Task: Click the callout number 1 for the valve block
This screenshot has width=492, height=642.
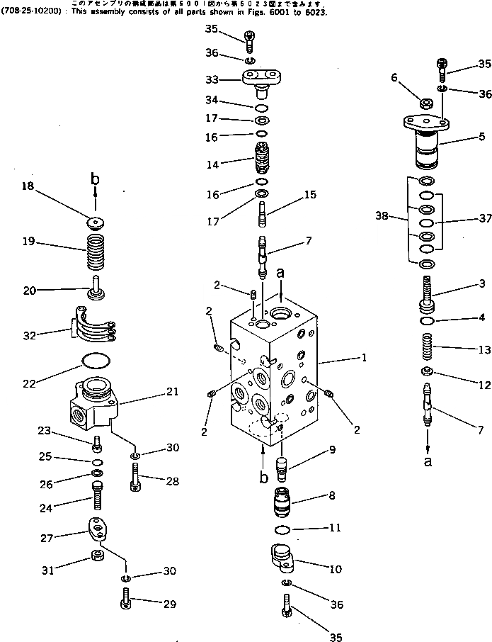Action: tap(363, 359)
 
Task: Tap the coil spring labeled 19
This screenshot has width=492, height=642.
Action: tap(95, 252)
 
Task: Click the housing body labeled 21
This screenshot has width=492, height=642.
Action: tap(93, 405)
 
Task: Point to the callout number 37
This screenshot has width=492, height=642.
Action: tap(485, 219)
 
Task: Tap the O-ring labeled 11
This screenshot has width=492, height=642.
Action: tap(281, 529)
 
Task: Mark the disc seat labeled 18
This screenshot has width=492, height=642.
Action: tap(96, 223)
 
